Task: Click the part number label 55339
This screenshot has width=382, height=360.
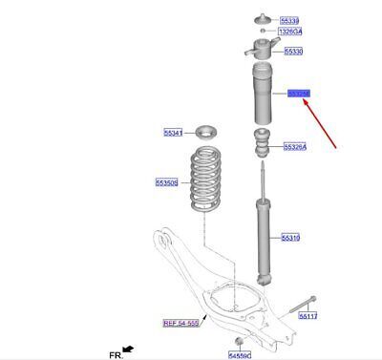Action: pos(289,20)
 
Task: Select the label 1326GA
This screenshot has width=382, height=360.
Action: pos(290,32)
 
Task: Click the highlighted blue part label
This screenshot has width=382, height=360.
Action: pos(300,93)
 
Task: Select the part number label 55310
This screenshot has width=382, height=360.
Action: pos(290,236)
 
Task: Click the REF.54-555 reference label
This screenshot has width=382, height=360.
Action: pos(181,323)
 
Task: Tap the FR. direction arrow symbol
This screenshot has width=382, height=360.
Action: pos(126,349)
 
